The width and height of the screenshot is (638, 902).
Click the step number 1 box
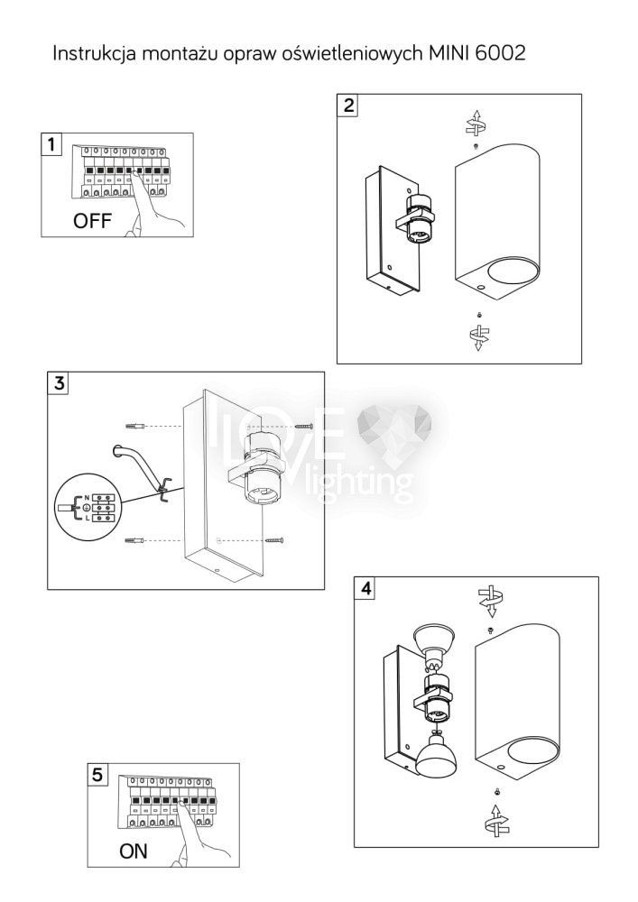51,143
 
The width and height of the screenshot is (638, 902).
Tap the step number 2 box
348,106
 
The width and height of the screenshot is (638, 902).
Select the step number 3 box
58,382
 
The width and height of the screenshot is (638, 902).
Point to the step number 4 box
365,588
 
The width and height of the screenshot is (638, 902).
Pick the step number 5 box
97,774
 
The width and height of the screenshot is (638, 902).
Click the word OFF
91,221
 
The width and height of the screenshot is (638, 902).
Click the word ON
133,851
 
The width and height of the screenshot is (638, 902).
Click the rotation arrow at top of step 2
476,123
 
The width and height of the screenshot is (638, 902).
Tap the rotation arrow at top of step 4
490,600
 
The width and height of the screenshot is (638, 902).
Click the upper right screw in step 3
304,427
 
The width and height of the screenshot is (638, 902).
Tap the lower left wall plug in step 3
134,540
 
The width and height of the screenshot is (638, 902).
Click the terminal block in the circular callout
105,507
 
